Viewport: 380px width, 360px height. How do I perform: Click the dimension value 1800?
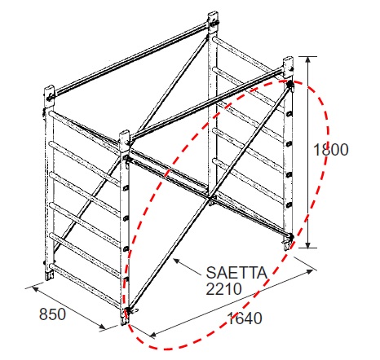click(331, 150)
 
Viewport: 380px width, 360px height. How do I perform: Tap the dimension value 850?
click(52, 314)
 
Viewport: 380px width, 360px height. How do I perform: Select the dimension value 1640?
click(245, 318)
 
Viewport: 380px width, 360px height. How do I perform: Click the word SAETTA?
click(236, 273)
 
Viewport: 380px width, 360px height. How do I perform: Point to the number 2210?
click(223, 288)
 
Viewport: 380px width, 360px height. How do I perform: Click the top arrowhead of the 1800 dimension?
click(307, 59)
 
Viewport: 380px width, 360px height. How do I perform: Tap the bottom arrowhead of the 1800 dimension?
click(307, 244)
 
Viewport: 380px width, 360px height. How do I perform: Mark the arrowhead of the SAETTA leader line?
click(177, 261)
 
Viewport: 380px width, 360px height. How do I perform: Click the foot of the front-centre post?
click(125, 320)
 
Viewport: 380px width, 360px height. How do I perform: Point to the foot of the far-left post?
click(50, 275)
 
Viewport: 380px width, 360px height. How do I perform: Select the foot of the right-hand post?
click(287, 245)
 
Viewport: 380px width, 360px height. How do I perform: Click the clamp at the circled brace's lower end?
click(128, 311)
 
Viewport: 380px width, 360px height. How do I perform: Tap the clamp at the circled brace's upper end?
click(289, 85)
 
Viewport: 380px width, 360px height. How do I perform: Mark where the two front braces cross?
click(210, 198)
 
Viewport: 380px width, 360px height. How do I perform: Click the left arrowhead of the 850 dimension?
click(34, 288)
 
